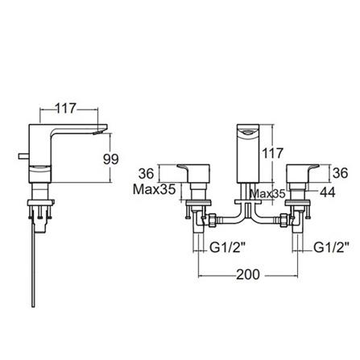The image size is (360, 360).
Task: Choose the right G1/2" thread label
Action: [x=330, y=247]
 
